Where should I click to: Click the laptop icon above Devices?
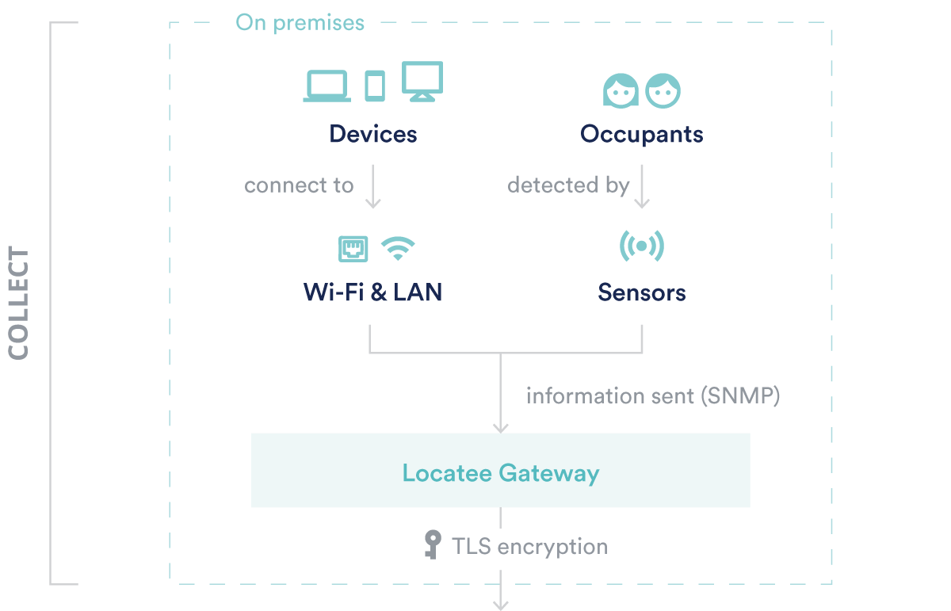[327, 86]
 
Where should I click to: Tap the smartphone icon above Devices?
[375, 86]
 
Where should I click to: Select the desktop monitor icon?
[422, 82]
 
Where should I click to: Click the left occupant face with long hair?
[621, 91]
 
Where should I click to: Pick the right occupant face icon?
[663, 91]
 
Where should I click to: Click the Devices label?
[373, 134]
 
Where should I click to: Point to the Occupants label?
[641, 135]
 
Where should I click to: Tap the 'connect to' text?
[299, 185]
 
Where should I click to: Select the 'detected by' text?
[568, 185]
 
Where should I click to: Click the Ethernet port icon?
[353, 249]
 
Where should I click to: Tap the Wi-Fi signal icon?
[398, 248]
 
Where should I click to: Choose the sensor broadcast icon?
[641, 246]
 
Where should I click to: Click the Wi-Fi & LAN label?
[372, 292]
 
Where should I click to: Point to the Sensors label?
[641, 292]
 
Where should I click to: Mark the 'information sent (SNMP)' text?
[653, 396]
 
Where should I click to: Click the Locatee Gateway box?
[501, 470]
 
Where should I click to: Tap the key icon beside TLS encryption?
[433, 544]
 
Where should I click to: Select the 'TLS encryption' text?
[530, 547]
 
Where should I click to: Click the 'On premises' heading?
[300, 23]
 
